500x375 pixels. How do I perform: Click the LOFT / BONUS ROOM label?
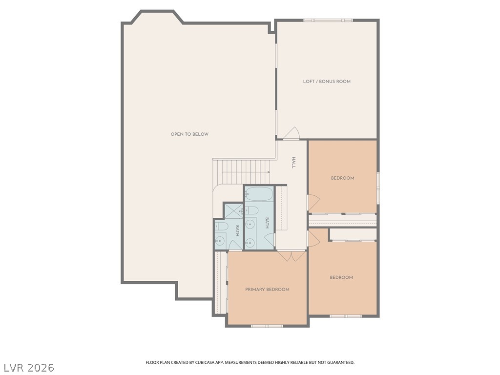327,82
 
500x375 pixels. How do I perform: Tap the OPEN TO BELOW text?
189,134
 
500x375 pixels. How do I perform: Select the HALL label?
293,163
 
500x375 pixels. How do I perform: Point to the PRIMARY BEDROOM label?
267,290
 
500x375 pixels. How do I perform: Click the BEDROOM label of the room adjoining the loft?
342,178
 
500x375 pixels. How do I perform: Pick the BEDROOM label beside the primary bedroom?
341,277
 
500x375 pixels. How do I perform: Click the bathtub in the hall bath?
259,194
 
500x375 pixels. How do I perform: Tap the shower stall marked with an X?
234,211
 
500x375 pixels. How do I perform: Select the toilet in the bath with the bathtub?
252,210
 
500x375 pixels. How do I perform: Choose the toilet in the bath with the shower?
221,227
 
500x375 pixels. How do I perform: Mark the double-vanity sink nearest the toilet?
250,225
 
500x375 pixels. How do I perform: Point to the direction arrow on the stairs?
246,172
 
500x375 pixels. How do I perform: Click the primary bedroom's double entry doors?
291,256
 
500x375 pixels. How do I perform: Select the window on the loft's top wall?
328,21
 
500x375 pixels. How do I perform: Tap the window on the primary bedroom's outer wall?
267,326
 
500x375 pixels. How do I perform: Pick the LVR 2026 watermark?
29,368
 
